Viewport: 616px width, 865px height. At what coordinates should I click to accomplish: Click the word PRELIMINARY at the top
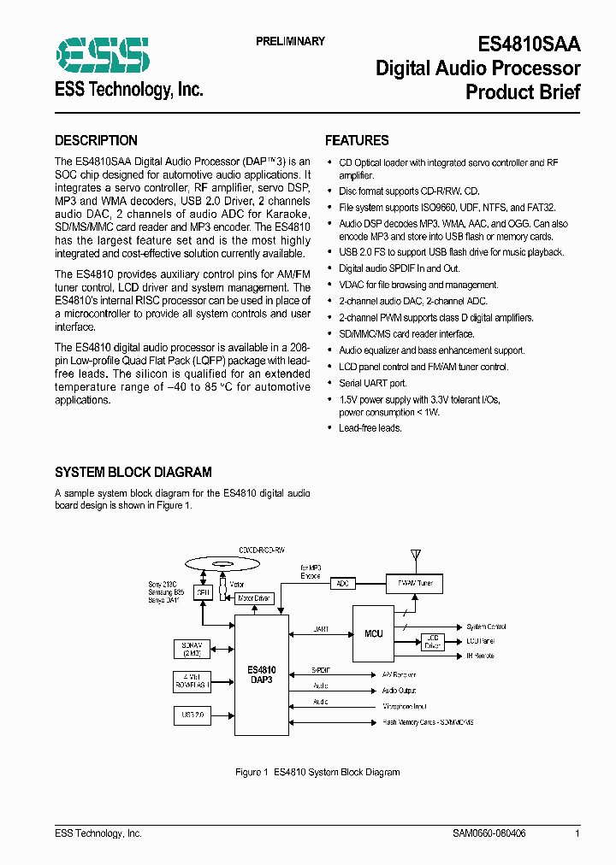[290, 41]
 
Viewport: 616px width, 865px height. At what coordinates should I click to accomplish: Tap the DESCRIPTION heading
[96, 141]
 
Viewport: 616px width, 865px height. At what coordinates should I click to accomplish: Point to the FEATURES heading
[357, 141]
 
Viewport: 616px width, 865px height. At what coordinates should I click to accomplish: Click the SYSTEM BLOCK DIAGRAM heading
[133, 472]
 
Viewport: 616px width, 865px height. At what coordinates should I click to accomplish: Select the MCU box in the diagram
[374, 633]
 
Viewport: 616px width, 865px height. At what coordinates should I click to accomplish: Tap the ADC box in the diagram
[342, 583]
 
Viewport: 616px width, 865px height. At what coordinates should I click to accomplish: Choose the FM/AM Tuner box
[414, 583]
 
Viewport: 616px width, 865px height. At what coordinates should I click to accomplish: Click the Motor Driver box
[253, 598]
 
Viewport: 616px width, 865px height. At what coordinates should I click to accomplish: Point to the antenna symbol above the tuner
[415, 556]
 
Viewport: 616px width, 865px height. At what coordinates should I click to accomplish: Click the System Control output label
[486, 627]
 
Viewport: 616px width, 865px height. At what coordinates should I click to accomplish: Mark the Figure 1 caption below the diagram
[317, 772]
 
